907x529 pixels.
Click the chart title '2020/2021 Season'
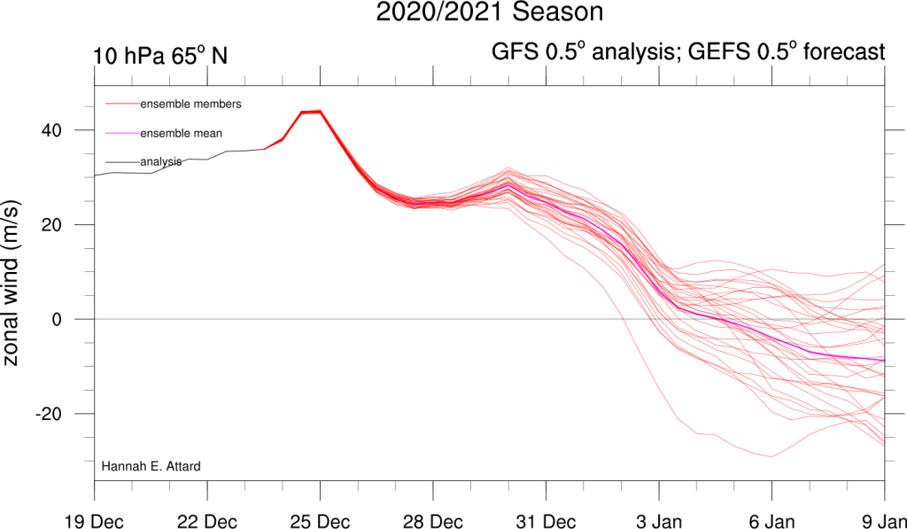[490, 13]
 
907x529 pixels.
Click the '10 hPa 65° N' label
[161, 56]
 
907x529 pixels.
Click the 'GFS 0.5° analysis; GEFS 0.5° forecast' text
[688, 52]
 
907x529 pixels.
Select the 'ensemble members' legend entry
[190, 105]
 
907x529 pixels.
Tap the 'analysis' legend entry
[161, 161]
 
